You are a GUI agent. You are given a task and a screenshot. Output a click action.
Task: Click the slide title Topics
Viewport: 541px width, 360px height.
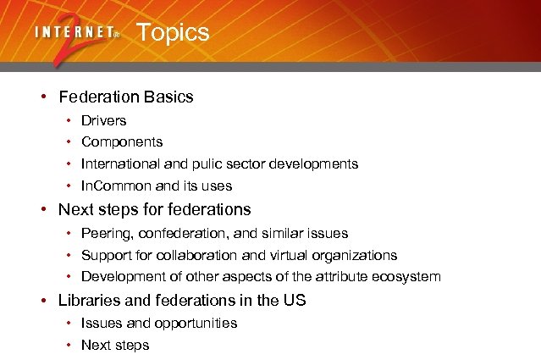pos(172,33)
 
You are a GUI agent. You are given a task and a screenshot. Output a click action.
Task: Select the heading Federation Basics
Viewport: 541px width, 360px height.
pos(125,97)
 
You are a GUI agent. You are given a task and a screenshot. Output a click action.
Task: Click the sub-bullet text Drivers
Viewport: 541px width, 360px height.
pos(103,120)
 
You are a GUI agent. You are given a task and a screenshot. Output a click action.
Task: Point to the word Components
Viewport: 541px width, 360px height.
pos(122,142)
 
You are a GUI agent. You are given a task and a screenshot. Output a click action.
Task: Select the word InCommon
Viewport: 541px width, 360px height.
pos(114,186)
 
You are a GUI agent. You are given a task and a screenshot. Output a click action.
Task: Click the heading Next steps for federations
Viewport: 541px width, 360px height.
pos(154,208)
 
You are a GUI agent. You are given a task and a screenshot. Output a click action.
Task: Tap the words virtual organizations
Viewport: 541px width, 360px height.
pos(339,255)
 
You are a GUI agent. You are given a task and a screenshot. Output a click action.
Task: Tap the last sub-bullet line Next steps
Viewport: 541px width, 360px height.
pos(115,345)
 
